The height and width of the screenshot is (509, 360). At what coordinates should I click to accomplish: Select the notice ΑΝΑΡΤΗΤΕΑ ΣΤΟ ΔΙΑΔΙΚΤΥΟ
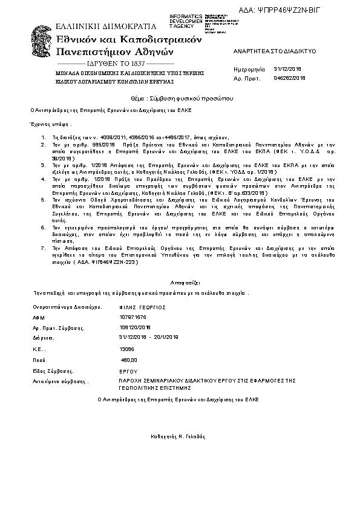point(268,53)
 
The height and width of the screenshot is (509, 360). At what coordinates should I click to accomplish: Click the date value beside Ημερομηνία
point(287,70)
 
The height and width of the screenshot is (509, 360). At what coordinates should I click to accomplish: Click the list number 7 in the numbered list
point(43,248)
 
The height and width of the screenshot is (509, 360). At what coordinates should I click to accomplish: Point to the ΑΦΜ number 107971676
point(133,317)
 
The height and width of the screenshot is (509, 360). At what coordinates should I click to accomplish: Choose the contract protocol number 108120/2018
point(136,327)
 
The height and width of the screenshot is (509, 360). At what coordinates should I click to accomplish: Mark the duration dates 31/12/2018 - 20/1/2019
point(149,337)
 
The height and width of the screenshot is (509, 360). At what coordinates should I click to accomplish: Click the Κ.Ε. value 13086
point(127,349)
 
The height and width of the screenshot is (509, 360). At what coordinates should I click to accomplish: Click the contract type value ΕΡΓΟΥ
point(129,371)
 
